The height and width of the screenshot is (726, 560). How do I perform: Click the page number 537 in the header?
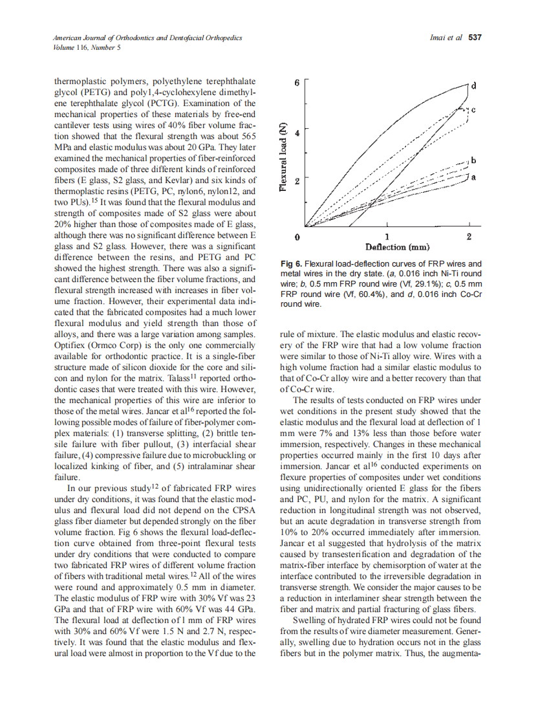[475, 38]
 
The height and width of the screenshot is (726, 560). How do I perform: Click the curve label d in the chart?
[474, 85]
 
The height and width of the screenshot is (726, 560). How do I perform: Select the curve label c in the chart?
[473, 111]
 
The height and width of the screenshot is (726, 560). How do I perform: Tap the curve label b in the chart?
[473, 160]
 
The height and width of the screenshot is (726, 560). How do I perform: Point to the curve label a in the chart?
[473, 177]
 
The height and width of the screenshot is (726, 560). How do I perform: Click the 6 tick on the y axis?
[297, 83]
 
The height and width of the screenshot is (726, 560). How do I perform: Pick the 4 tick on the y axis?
[297, 133]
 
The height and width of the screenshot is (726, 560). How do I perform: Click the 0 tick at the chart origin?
[297, 237]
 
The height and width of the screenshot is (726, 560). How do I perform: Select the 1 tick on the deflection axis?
[387, 237]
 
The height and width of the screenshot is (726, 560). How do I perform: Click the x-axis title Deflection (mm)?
[397, 247]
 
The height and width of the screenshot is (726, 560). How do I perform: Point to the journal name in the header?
[147, 38]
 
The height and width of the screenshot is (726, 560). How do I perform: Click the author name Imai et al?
[446, 38]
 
